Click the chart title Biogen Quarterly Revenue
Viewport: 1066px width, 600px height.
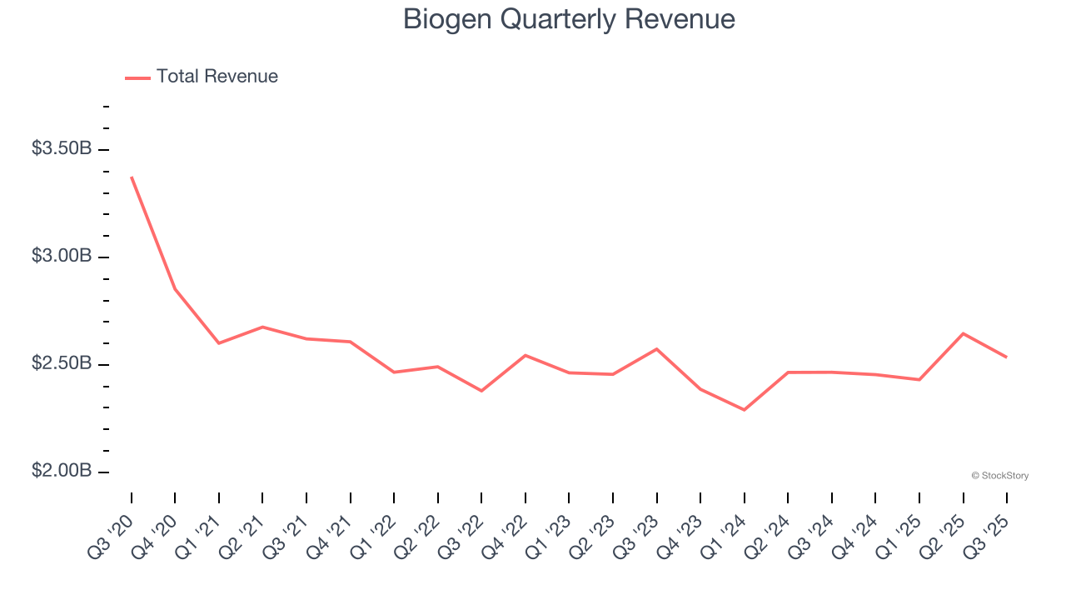pyautogui.click(x=569, y=19)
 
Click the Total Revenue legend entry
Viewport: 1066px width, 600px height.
pyautogui.click(x=202, y=77)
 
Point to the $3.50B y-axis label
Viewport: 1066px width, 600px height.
pyautogui.click(x=62, y=149)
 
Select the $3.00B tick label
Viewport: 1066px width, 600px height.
pyautogui.click(x=62, y=256)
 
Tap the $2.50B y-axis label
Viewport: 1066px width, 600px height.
pyautogui.click(x=62, y=364)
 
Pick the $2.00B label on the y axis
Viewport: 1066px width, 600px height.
pyautogui.click(x=62, y=471)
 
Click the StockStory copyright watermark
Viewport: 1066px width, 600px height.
pyautogui.click(x=999, y=476)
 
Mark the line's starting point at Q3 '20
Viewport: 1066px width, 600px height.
pyautogui.click(x=132, y=177)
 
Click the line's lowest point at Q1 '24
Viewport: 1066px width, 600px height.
pyautogui.click(x=744, y=410)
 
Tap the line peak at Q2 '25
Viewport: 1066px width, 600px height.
pyautogui.click(x=963, y=333)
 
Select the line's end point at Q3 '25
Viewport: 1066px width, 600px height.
pyautogui.click(x=1006, y=357)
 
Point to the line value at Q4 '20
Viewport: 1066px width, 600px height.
pyautogui.click(x=175, y=289)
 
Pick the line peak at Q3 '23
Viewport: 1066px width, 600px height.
pyautogui.click(x=656, y=349)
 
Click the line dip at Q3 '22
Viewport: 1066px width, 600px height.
pyautogui.click(x=481, y=391)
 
